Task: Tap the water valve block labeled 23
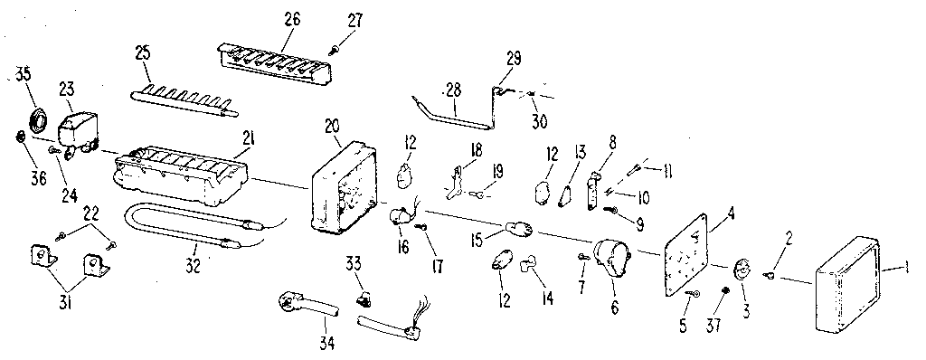point(80,126)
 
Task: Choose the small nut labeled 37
point(727,289)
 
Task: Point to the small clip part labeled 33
point(364,295)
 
